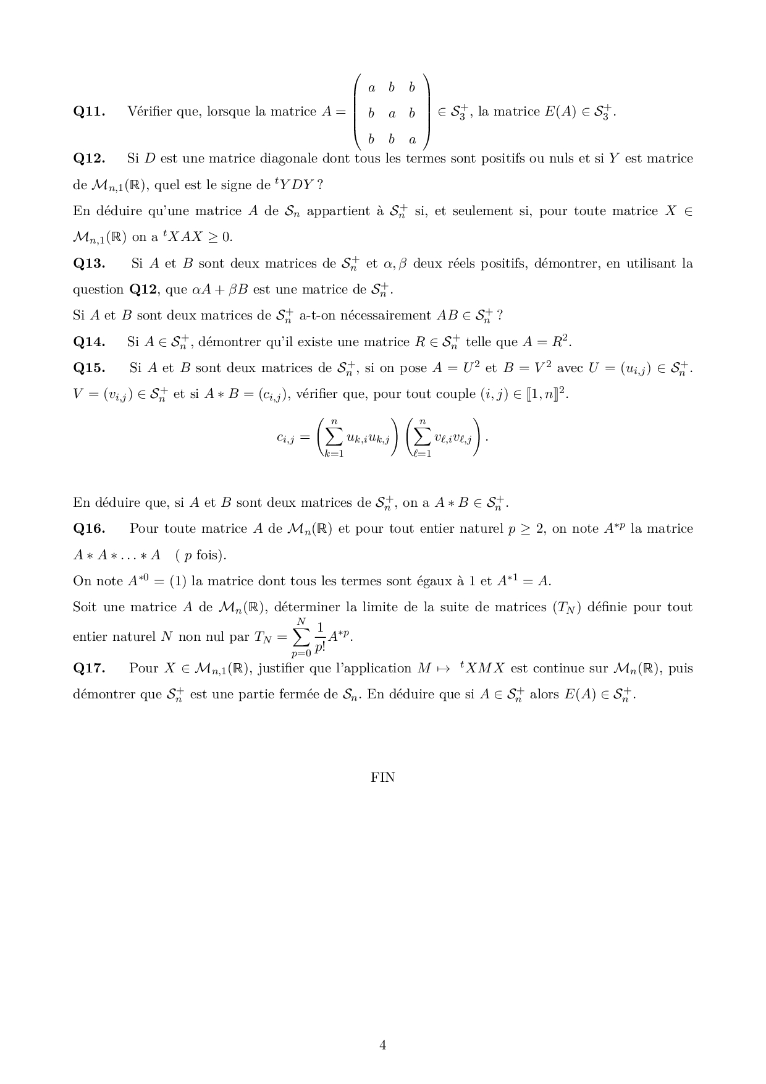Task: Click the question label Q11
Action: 89,112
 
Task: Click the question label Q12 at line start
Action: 89,159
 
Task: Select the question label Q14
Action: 89,342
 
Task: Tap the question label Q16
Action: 89,529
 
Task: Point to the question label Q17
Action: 89,669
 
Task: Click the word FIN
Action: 382,777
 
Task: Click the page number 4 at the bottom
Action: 382,1046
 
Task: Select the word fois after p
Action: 211,555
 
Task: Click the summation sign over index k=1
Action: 334,438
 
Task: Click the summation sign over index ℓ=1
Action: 422,438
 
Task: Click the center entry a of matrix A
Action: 392,114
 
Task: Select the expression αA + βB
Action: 221,290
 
